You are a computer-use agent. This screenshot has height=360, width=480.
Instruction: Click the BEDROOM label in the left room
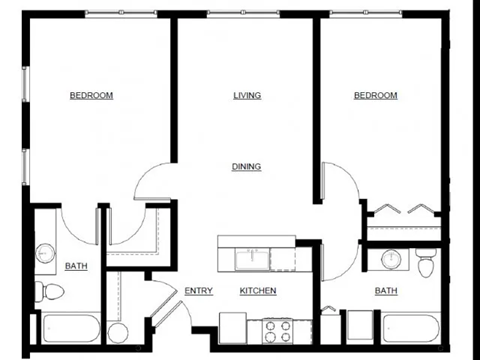point(91,96)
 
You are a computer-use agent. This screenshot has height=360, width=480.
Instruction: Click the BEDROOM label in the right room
point(375,96)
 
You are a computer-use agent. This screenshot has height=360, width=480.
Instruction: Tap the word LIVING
point(247,96)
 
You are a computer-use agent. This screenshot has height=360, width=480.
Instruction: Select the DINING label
point(247,167)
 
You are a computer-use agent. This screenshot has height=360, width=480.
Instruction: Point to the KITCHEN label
point(257,291)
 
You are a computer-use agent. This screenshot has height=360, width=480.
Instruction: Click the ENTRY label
point(199,291)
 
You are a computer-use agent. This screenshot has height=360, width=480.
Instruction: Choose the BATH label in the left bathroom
point(76,266)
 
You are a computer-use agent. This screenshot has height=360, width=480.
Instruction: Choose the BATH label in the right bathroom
point(385,291)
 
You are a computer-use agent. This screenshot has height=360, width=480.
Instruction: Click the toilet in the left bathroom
point(50,292)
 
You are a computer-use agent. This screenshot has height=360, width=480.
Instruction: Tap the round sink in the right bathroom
point(392,260)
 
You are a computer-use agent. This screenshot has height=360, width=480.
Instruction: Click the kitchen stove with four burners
point(276,328)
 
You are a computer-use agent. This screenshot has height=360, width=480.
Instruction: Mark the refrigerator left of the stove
point(233,327)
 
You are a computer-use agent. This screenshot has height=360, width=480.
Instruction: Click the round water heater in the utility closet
point(118,332)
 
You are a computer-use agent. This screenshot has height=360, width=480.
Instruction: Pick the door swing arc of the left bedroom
point(150,180)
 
